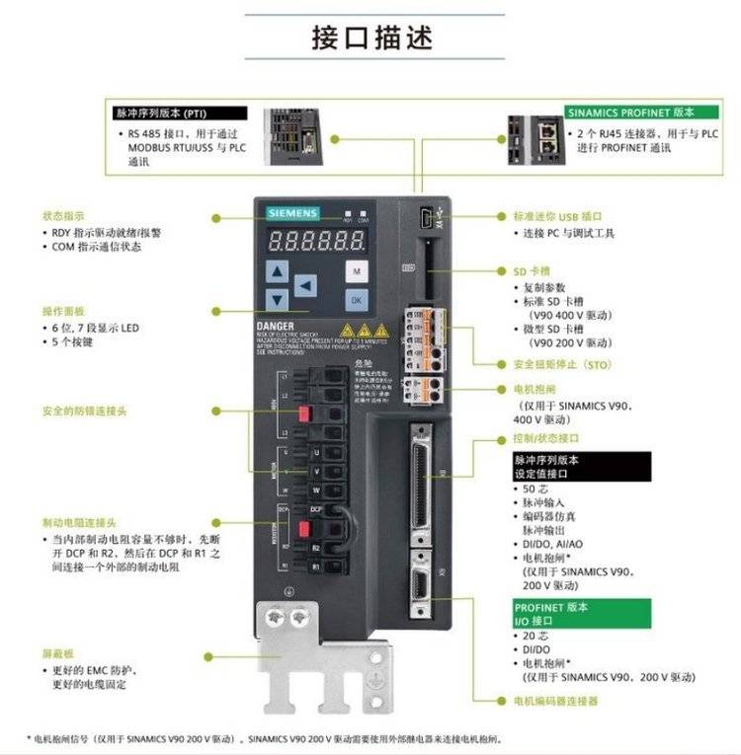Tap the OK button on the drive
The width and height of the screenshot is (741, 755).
click(357, 300)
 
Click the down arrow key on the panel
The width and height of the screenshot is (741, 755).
click(279, 299)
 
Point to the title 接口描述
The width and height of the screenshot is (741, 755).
click(370, 37)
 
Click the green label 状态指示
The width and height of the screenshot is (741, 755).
click(62, 215)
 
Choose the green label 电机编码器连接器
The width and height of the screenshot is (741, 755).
click(555, 701)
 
